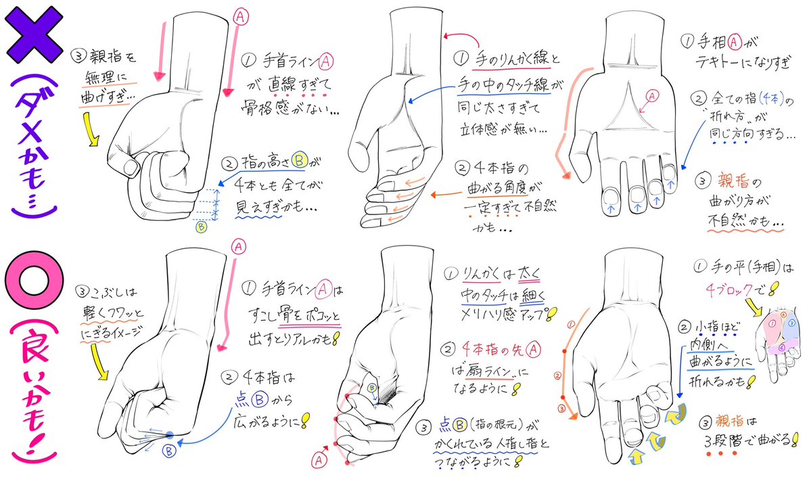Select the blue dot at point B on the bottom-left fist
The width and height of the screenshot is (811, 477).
pos(169,435)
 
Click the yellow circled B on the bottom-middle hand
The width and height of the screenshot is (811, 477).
pos(372,388)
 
